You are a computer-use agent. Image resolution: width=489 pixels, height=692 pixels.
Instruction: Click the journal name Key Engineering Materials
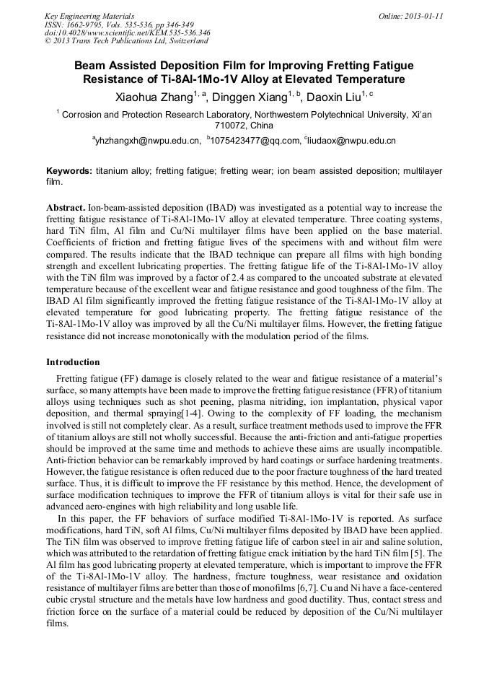[x=89, y=16]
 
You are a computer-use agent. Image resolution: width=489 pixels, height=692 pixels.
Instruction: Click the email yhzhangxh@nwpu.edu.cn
[x=148, y=141]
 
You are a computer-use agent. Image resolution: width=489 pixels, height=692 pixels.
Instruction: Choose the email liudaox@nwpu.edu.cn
[x=352, y=141]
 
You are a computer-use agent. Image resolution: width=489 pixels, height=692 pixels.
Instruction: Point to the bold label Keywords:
[x=69, y=171]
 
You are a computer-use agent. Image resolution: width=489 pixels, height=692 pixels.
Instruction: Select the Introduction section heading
[x=73, y=362]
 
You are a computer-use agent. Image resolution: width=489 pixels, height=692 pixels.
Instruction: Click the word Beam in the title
[x=91, y=64]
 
